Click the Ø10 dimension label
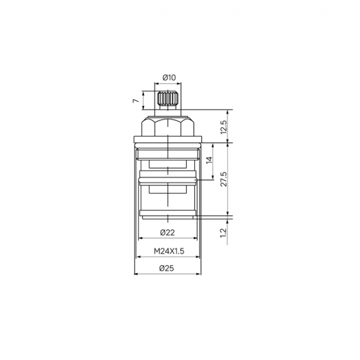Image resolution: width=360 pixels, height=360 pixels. (x=169, y=78)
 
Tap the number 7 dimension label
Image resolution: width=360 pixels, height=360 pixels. (x=136, y=101)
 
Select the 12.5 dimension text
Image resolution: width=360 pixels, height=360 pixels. (x=223, y=127)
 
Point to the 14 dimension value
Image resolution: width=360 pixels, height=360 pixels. (x=209, y=160)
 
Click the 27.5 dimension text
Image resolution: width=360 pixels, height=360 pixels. (x=223, y=179)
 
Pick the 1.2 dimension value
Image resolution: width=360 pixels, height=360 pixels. (x=223, y=233)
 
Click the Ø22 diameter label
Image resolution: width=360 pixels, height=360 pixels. (x=168, y=233)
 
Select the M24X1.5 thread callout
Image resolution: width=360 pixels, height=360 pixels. (x=169, y=251)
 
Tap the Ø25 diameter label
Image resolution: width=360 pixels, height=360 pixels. (x=167, y=268)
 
